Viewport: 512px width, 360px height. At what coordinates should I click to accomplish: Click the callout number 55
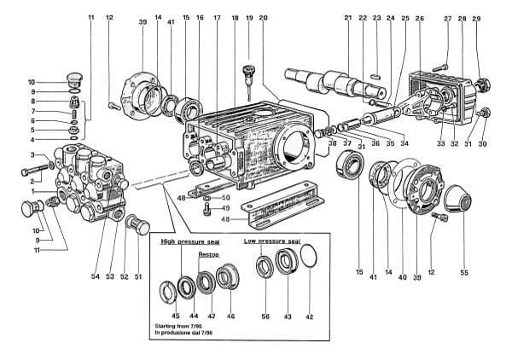pyautogui.click(x=464, y=273)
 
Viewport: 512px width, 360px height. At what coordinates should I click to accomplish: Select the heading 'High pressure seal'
pyautogui.click(x=191, y=242)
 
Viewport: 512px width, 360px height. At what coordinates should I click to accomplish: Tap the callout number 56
pyautogui.click(x=265, y=316)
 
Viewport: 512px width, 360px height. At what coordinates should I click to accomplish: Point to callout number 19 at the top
pyautogui.click(x=249, y=17)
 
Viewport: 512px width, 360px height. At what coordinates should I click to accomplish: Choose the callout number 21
pyautogui.click(x=348, y=17)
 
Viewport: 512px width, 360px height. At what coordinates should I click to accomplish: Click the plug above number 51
pyautogui.click(x=134, y=224)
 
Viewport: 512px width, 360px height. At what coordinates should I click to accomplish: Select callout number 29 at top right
pyautogui.click(x=476, y=17)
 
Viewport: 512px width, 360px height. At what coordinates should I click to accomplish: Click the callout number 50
pyautogui.click(x=226, y=198)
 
